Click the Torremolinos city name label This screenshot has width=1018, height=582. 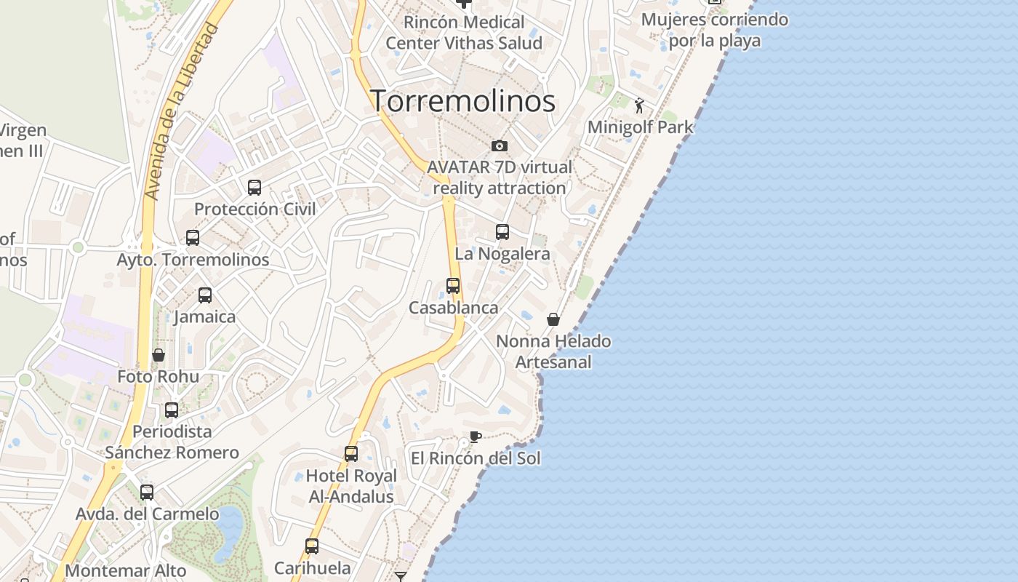pos(463,101)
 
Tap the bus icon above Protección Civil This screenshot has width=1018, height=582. pos(254,188)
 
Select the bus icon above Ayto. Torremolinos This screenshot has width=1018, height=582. pos(193,238)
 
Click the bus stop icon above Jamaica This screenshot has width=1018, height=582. pos(205,295)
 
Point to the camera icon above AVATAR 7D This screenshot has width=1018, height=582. pos(499,146)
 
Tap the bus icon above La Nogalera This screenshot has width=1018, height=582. pos(502,232)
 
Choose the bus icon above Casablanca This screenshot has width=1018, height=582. pos(453,286)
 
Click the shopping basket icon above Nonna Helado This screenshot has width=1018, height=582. pos(553,319)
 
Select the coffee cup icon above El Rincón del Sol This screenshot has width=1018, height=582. pos(475,436)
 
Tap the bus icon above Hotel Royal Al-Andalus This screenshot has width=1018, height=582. pos(351,454)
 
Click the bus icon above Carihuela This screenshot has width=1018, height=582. pos(312,546)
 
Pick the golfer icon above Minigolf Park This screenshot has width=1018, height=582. pos(640,106)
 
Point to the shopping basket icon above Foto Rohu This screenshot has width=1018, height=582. pos(159,355)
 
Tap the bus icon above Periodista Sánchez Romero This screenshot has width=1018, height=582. pos(172,410)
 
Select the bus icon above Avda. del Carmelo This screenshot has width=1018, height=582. pos(147,493)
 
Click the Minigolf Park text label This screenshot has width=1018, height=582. pos(641,127)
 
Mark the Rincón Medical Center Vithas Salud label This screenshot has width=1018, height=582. pos(464,33)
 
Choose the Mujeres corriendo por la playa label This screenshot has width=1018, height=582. pos(715,30)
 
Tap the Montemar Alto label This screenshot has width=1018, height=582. pos(125,571)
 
